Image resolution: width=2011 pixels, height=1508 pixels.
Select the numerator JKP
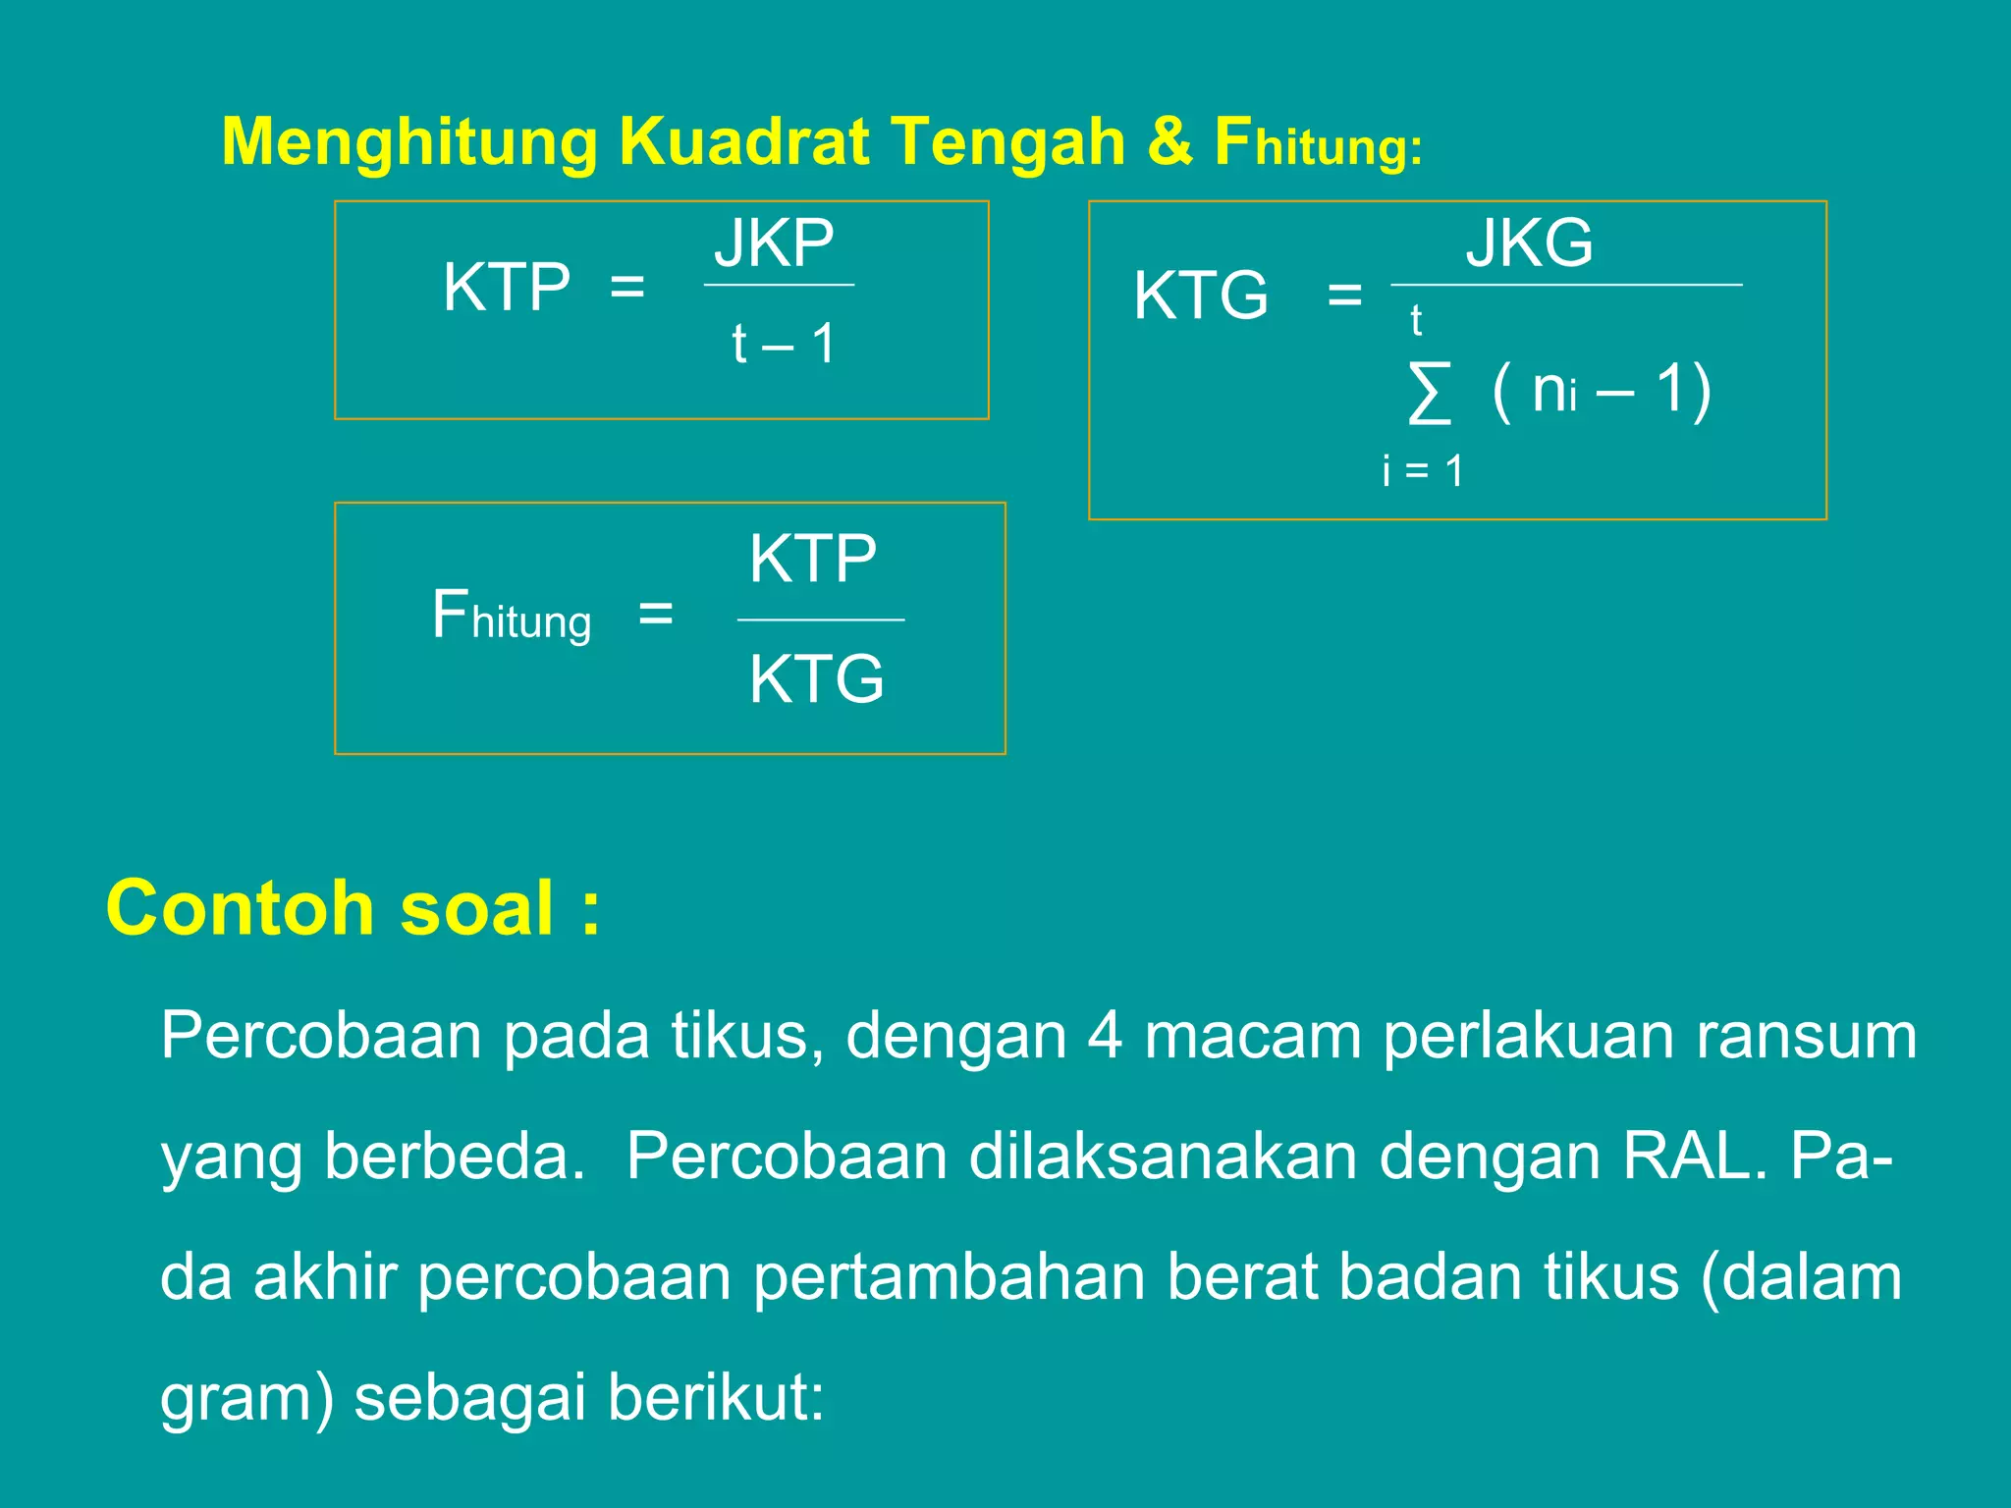coord(775,243)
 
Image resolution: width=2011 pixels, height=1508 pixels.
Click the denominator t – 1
coord(783,344)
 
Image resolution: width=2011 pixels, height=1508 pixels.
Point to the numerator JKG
coord(1529,243)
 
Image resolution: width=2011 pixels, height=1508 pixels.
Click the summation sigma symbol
coord(1429,393)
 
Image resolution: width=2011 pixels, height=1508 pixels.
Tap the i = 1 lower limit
coord(1423,471)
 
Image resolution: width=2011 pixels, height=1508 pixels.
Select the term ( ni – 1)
coord(1602,390)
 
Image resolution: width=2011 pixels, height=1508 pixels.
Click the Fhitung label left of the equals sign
coord(512,617)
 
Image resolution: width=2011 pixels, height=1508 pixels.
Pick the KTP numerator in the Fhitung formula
coord(813,559)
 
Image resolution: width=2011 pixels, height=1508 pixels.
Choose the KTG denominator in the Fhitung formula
coord(816,678)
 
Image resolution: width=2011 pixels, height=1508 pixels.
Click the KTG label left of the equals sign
coord(1201,295)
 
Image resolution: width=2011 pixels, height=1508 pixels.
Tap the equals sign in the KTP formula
coord(627,288)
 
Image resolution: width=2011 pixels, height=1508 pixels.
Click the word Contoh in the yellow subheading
coord(241,908)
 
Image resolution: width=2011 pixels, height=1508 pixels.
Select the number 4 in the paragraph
coord(1104,1036)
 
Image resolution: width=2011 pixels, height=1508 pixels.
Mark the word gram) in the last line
coord(246,1398)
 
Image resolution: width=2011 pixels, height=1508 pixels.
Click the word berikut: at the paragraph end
coord(716,1398)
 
